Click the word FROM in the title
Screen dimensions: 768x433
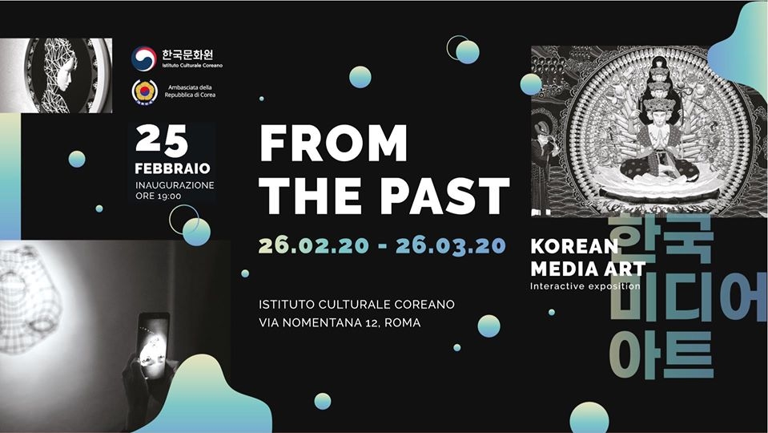coord(333,144)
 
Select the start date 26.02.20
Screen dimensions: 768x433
coord(313,245)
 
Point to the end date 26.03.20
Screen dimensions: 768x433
coord(451,245)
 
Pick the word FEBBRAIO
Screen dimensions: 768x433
coord(172,168)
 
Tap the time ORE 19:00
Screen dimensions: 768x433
coord(159,196)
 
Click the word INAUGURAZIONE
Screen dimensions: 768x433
coord(175,185)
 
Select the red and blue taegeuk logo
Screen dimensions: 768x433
coord(144,59)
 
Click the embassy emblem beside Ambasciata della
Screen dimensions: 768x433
coord(144,91)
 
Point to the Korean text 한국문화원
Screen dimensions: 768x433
coord(188,54)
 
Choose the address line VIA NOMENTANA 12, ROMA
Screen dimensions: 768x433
coord(340,323)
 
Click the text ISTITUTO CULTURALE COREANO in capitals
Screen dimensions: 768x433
coord(356,305)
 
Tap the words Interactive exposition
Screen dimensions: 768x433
coord(585,286)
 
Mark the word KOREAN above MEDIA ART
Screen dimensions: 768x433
coord(574,246)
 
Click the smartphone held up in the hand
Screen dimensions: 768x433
coord(153,346)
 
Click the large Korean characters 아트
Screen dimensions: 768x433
coord(661,355)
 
